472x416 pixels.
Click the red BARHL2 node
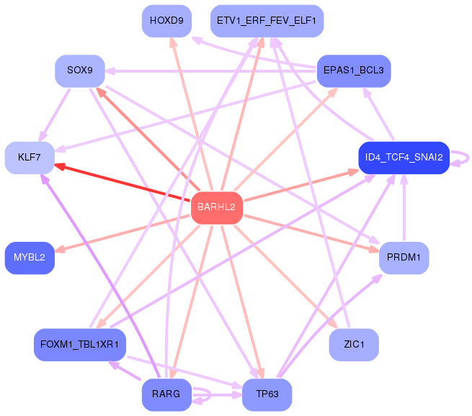point(217,208)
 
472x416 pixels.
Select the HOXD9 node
point(166,21)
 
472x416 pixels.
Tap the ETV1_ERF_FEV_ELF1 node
point(267,21)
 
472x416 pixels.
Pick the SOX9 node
point(80,71)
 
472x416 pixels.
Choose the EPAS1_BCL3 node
point(354,71)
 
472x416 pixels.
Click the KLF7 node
point(30,158)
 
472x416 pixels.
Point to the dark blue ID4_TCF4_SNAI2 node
point(404,158)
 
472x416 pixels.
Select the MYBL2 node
point(30,258)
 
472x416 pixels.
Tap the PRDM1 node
point(404,258)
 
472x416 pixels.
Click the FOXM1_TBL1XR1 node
point(80,345)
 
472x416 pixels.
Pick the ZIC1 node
point(354,345)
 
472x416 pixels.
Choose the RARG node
point(166,394)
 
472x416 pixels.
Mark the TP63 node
point(267,394)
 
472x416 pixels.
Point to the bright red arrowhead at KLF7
point(60,166)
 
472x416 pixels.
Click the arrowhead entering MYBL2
point(61,249)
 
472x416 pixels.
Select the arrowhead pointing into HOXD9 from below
point(173,42)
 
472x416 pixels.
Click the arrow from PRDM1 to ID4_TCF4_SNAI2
point(404,208)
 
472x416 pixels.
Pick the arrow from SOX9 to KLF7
point(55,115)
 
